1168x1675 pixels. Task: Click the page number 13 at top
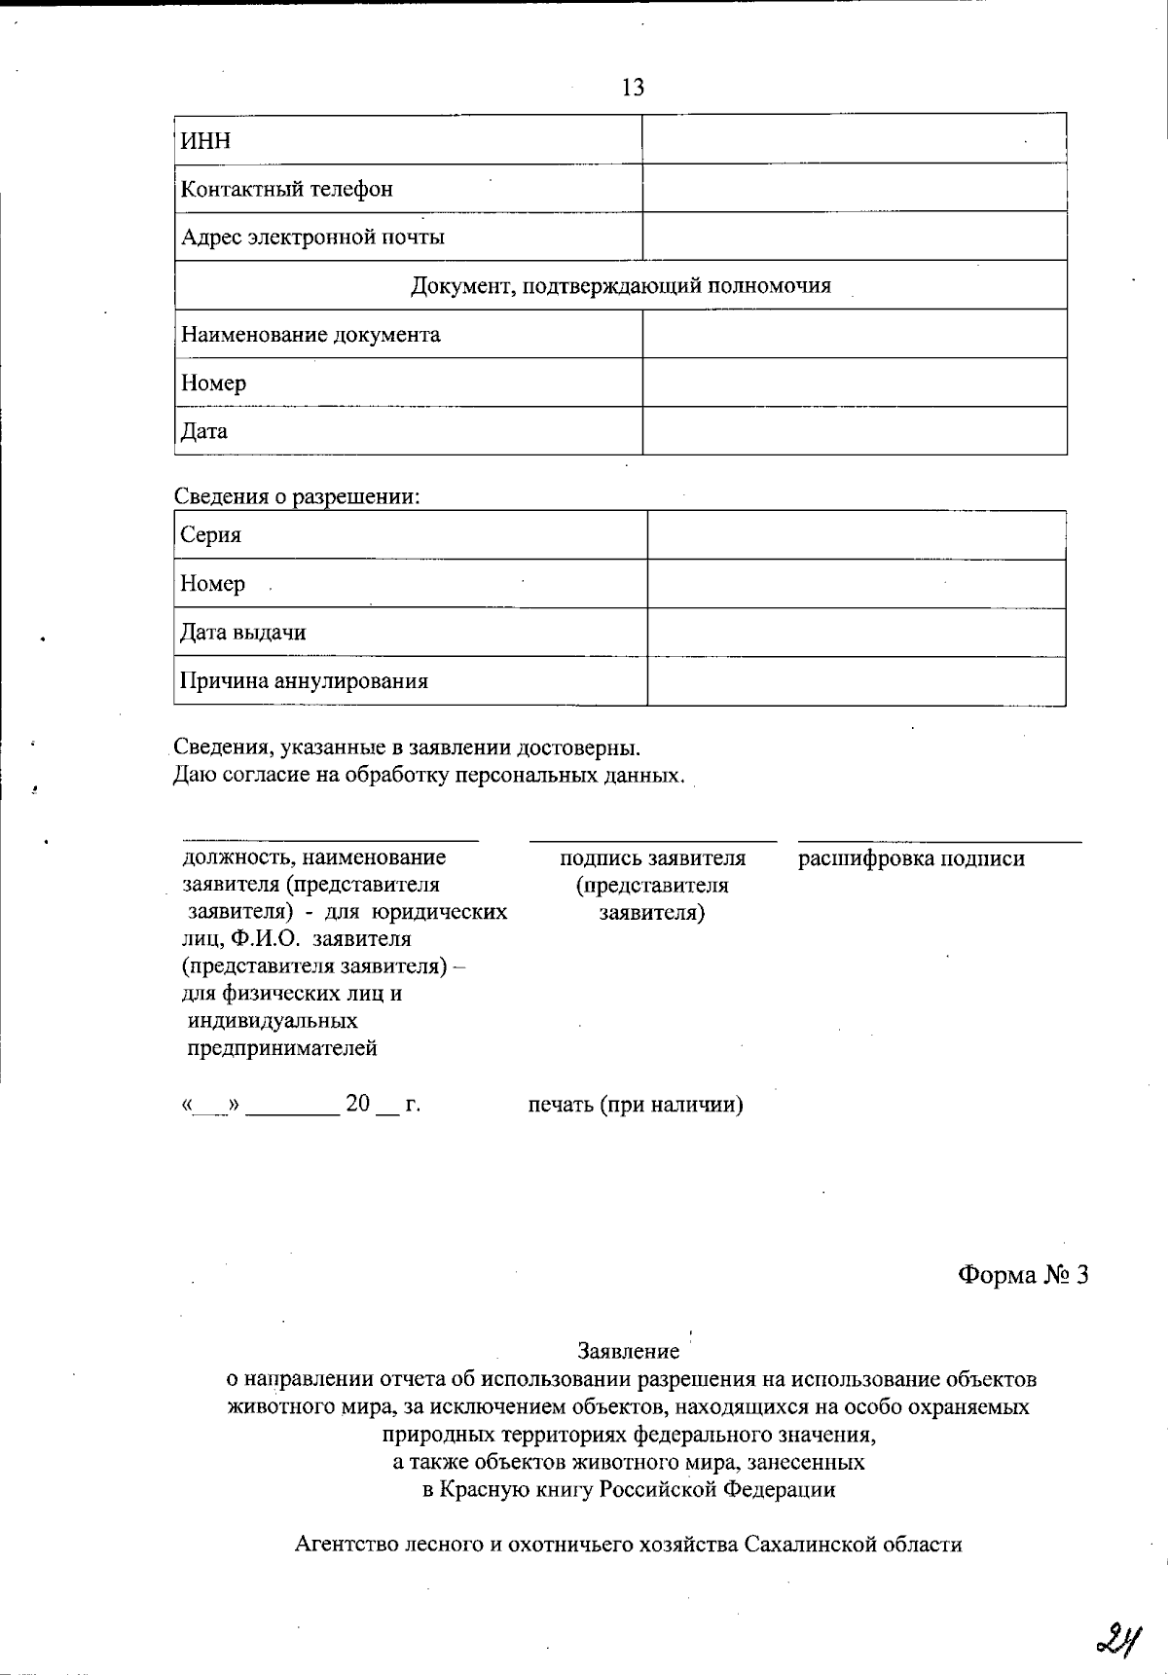[633, 89]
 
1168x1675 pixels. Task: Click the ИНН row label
[205, 141]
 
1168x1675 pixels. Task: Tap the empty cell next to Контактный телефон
[854, 188]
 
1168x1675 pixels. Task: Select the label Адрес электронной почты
[312, 237]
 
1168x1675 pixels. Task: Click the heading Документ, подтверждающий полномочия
[620, 286]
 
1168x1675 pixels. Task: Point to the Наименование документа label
[310, 335]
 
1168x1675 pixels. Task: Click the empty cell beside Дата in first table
[854, 431]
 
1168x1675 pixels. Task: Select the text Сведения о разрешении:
[297, 496]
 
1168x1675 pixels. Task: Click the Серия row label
[210, 535]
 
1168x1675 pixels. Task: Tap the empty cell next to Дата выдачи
[856, 633]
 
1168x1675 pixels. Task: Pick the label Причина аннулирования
[304, 681]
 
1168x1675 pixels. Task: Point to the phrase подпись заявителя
[652, 858]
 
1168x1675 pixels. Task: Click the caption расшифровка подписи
[911, 858]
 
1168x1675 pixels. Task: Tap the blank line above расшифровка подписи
[939, 839]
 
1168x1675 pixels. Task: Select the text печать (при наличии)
[636, 1105]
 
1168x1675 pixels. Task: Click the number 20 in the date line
[358, 1104]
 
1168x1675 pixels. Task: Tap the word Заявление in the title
[628, 1351]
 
